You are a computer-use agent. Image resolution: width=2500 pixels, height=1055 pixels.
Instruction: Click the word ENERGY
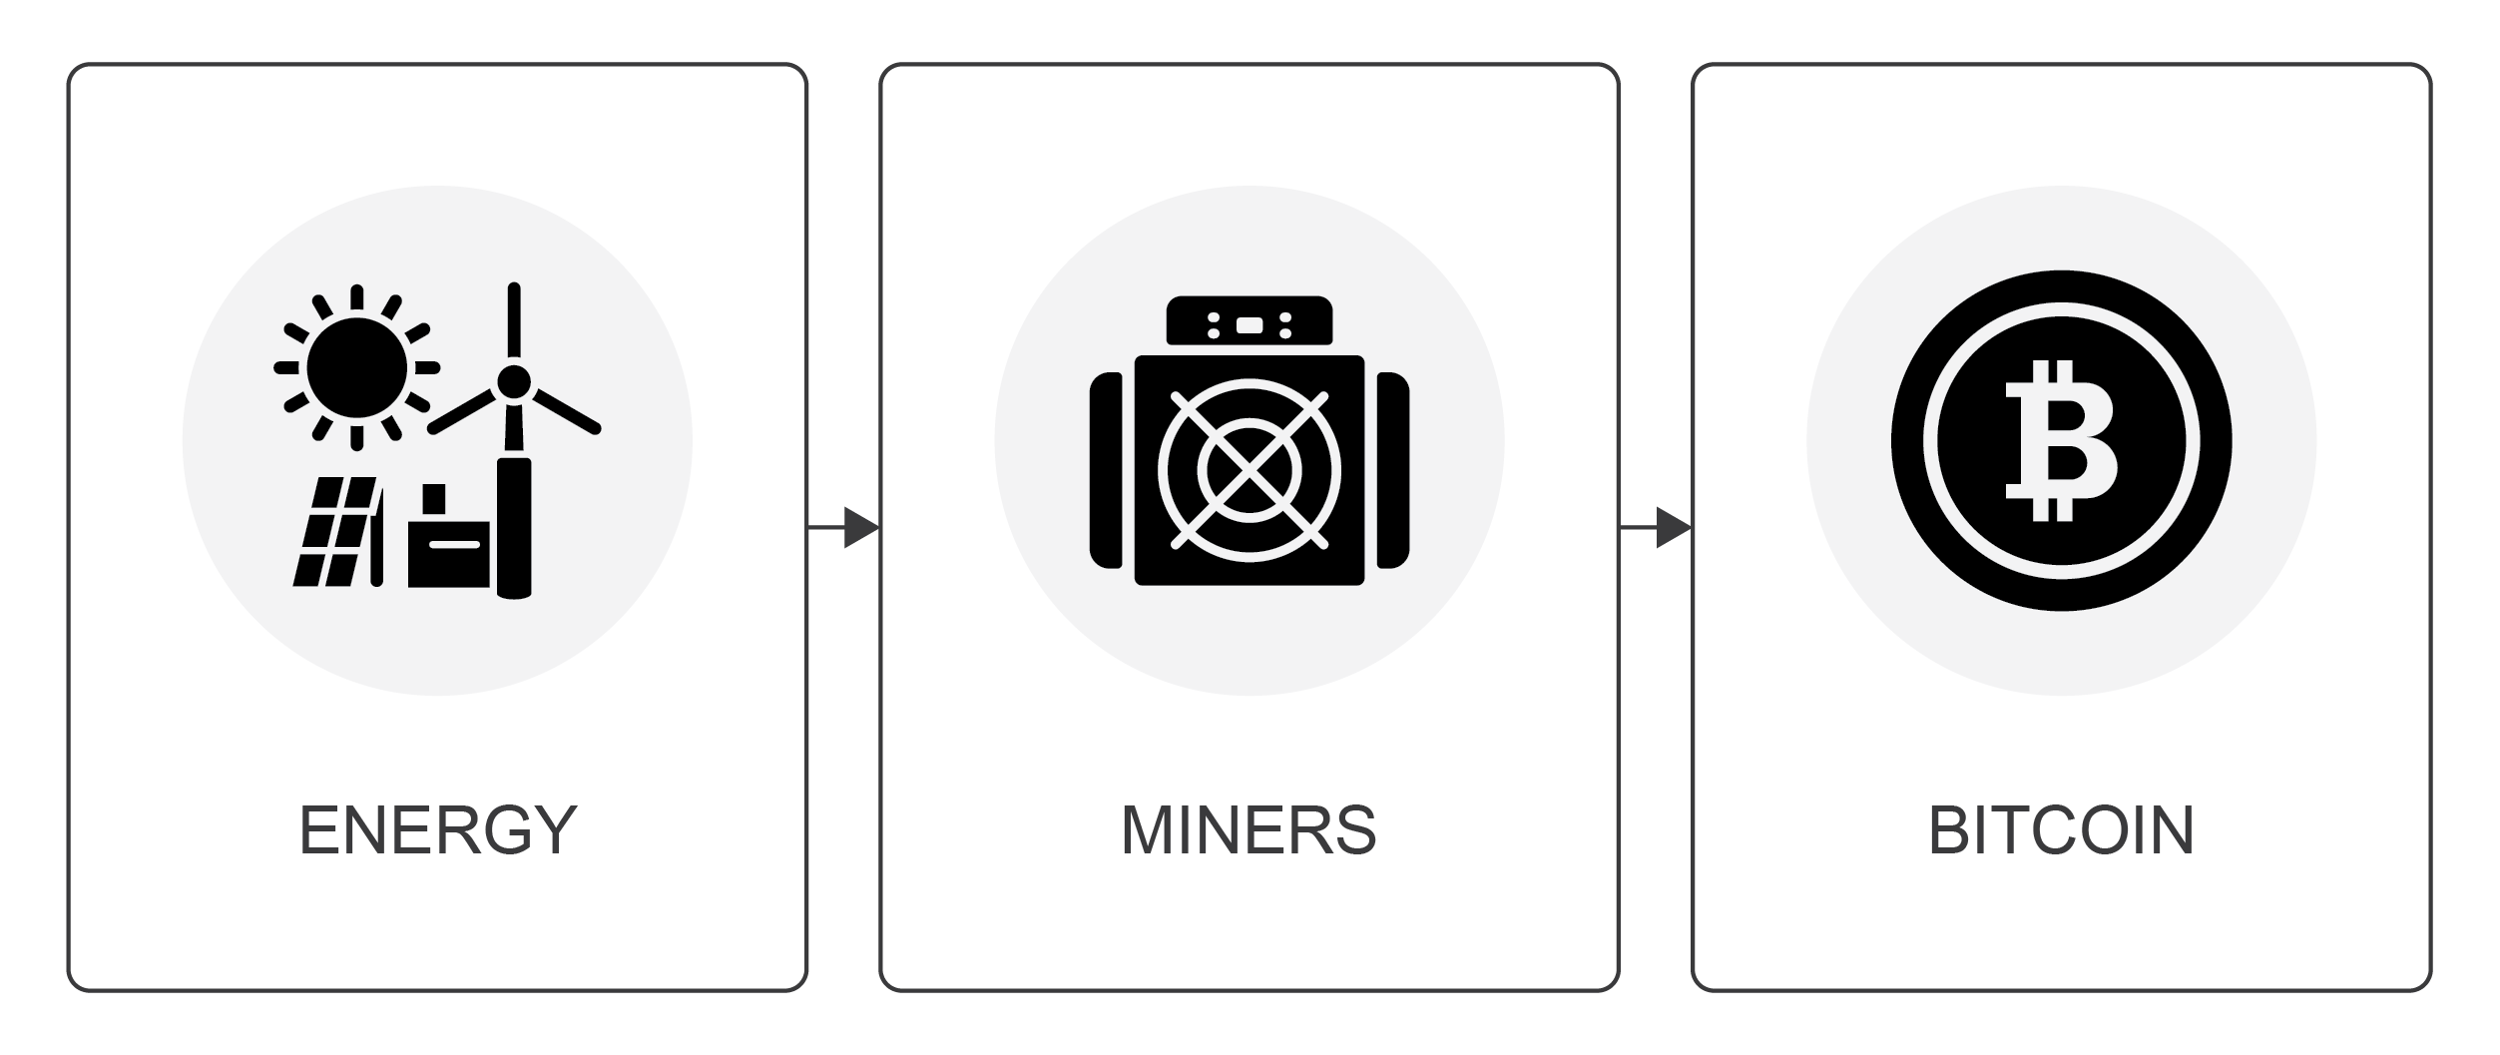438,830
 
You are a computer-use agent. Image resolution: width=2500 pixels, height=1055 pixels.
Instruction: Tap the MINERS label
1249,830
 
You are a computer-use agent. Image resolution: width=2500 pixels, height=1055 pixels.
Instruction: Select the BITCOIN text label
2061,830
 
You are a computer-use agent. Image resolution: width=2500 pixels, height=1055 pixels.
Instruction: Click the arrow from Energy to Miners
844,527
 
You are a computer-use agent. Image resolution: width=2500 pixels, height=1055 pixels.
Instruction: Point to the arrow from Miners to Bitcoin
1657,527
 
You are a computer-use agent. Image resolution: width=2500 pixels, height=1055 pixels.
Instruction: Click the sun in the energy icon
356,367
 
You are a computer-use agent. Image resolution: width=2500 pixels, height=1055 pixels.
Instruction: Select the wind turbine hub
514,380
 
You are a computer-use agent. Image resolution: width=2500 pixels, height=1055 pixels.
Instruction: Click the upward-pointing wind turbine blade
514,319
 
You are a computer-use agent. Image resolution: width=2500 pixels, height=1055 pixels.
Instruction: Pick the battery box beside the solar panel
449,547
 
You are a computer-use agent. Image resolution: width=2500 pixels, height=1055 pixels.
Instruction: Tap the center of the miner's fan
1249,470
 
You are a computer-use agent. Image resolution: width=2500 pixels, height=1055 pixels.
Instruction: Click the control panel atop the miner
1249,320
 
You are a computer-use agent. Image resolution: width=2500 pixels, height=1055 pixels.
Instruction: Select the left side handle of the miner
1106,470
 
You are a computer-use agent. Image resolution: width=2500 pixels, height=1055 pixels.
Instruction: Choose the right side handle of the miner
1393,470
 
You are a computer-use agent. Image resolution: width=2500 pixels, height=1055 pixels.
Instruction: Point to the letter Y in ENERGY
552,830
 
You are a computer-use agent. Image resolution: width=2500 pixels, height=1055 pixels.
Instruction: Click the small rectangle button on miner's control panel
1249,325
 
